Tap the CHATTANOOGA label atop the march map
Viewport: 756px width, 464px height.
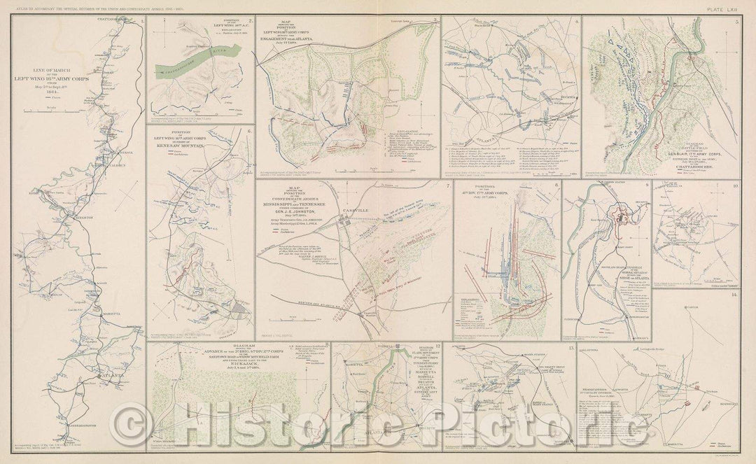coord(115,19)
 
